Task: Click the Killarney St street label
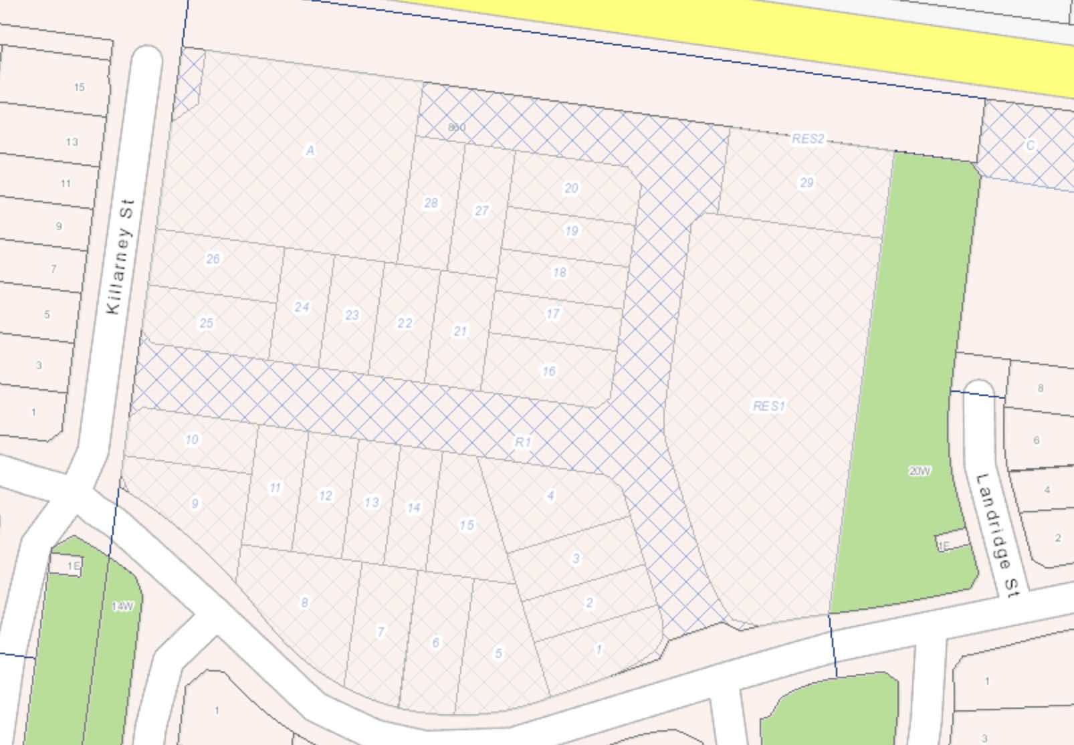pyautogui.click(x=121, y=257)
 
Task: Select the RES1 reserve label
pyautogui.click(x=769, y=406)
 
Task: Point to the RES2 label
pyautogui.click(x=808, y=139)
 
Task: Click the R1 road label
pyautogui.click(x=523, y=442)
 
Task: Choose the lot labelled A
pyautogui.click(x=310, y=151)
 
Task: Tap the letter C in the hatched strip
pyautogui.click(x=1030, y=145)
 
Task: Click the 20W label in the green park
pyautogui.click(x=920, y=471)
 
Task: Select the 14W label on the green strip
pyautogui.click(x=122, y=607)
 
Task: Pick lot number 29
pyautogui.click(x=807, y=183)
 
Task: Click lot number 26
pyautogui.click(x=213, y=259)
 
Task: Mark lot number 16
pyautogui.click(x=548, y=371)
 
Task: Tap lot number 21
pyautogui.click(x=460, y=331)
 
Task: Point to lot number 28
pyautogui.click(x=431, y=203)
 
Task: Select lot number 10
pyautogui.click(x=192, y=439)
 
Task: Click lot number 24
pyautogui.click(x=302, y=307)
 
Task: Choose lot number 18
pyautogui.click(x=559, y=272)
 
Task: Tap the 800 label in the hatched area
pyautogui.click(x=456, y=127)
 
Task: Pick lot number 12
pyautogui.click(x=325, y=496)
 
